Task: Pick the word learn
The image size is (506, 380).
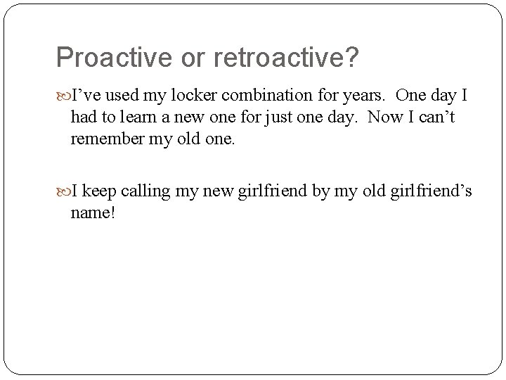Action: click(141, 118)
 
